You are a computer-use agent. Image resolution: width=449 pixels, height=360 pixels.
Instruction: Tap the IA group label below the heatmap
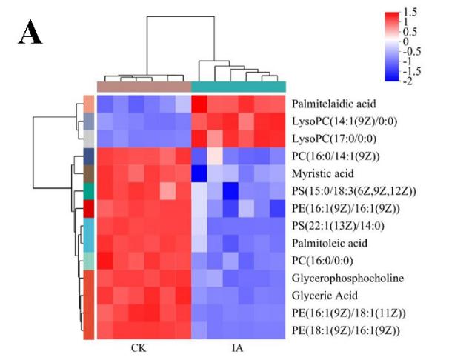coord(239,345)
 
